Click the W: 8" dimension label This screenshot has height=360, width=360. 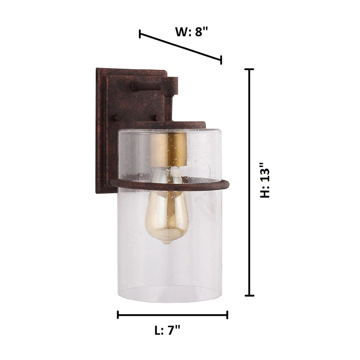pyautogui.click(x=192, y=32)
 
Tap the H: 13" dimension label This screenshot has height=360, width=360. pyautogui.click(x=265, y=182)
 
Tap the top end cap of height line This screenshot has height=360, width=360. pyautogui.click(x=249, y=69)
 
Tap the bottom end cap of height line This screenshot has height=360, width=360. pyautogui.click(x=249, y=295)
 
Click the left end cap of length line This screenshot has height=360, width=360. pyautogui.click(x=118, y=314)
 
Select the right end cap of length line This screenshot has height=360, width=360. pyautogui.click(x=227, y=314)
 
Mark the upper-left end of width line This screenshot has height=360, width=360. pyautogui.click(x=140, y=34)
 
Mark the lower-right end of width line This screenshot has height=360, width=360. pyautogui.click(x=221, y=60)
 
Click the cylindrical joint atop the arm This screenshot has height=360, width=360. pyautogui.click(x=172, y=86)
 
